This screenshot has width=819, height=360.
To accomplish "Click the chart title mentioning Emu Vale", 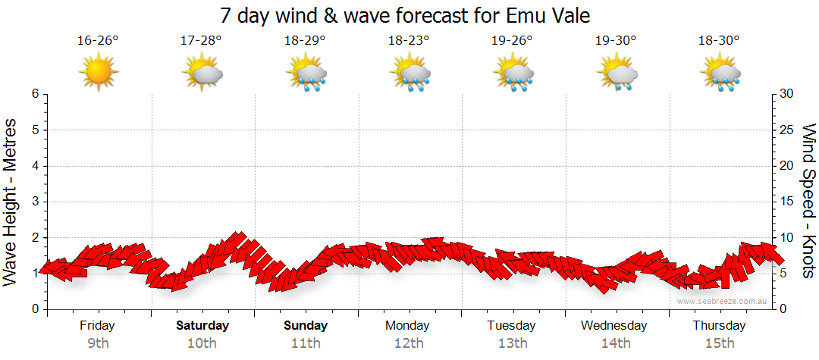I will [405, 15].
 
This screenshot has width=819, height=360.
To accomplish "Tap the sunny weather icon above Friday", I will [99, 74].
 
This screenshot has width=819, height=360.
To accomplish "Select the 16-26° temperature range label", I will [98, 39].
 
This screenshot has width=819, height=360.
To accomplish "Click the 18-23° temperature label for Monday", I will [409, 39].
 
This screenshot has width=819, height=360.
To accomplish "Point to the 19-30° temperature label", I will [616, 39].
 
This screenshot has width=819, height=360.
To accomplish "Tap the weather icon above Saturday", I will [202, 74].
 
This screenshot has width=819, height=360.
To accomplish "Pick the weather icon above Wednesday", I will [617, 74].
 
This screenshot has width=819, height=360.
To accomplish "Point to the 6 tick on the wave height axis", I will [34, 94].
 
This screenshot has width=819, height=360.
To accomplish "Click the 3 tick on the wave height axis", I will [34, 202].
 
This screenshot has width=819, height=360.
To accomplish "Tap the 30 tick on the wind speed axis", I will [787, 94].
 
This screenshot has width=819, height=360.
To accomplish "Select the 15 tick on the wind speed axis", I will [787, 202].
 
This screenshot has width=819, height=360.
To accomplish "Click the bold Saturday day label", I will [202, 326].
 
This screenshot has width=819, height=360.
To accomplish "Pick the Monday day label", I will [409, 326].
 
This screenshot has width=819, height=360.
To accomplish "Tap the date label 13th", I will [513, 343].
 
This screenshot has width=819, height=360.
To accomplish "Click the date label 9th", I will [98, 343].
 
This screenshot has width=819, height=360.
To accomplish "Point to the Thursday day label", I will [719, 326].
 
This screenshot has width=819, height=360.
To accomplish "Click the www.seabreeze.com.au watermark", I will [723, 301].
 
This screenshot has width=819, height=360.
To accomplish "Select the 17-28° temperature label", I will [202, 39].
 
